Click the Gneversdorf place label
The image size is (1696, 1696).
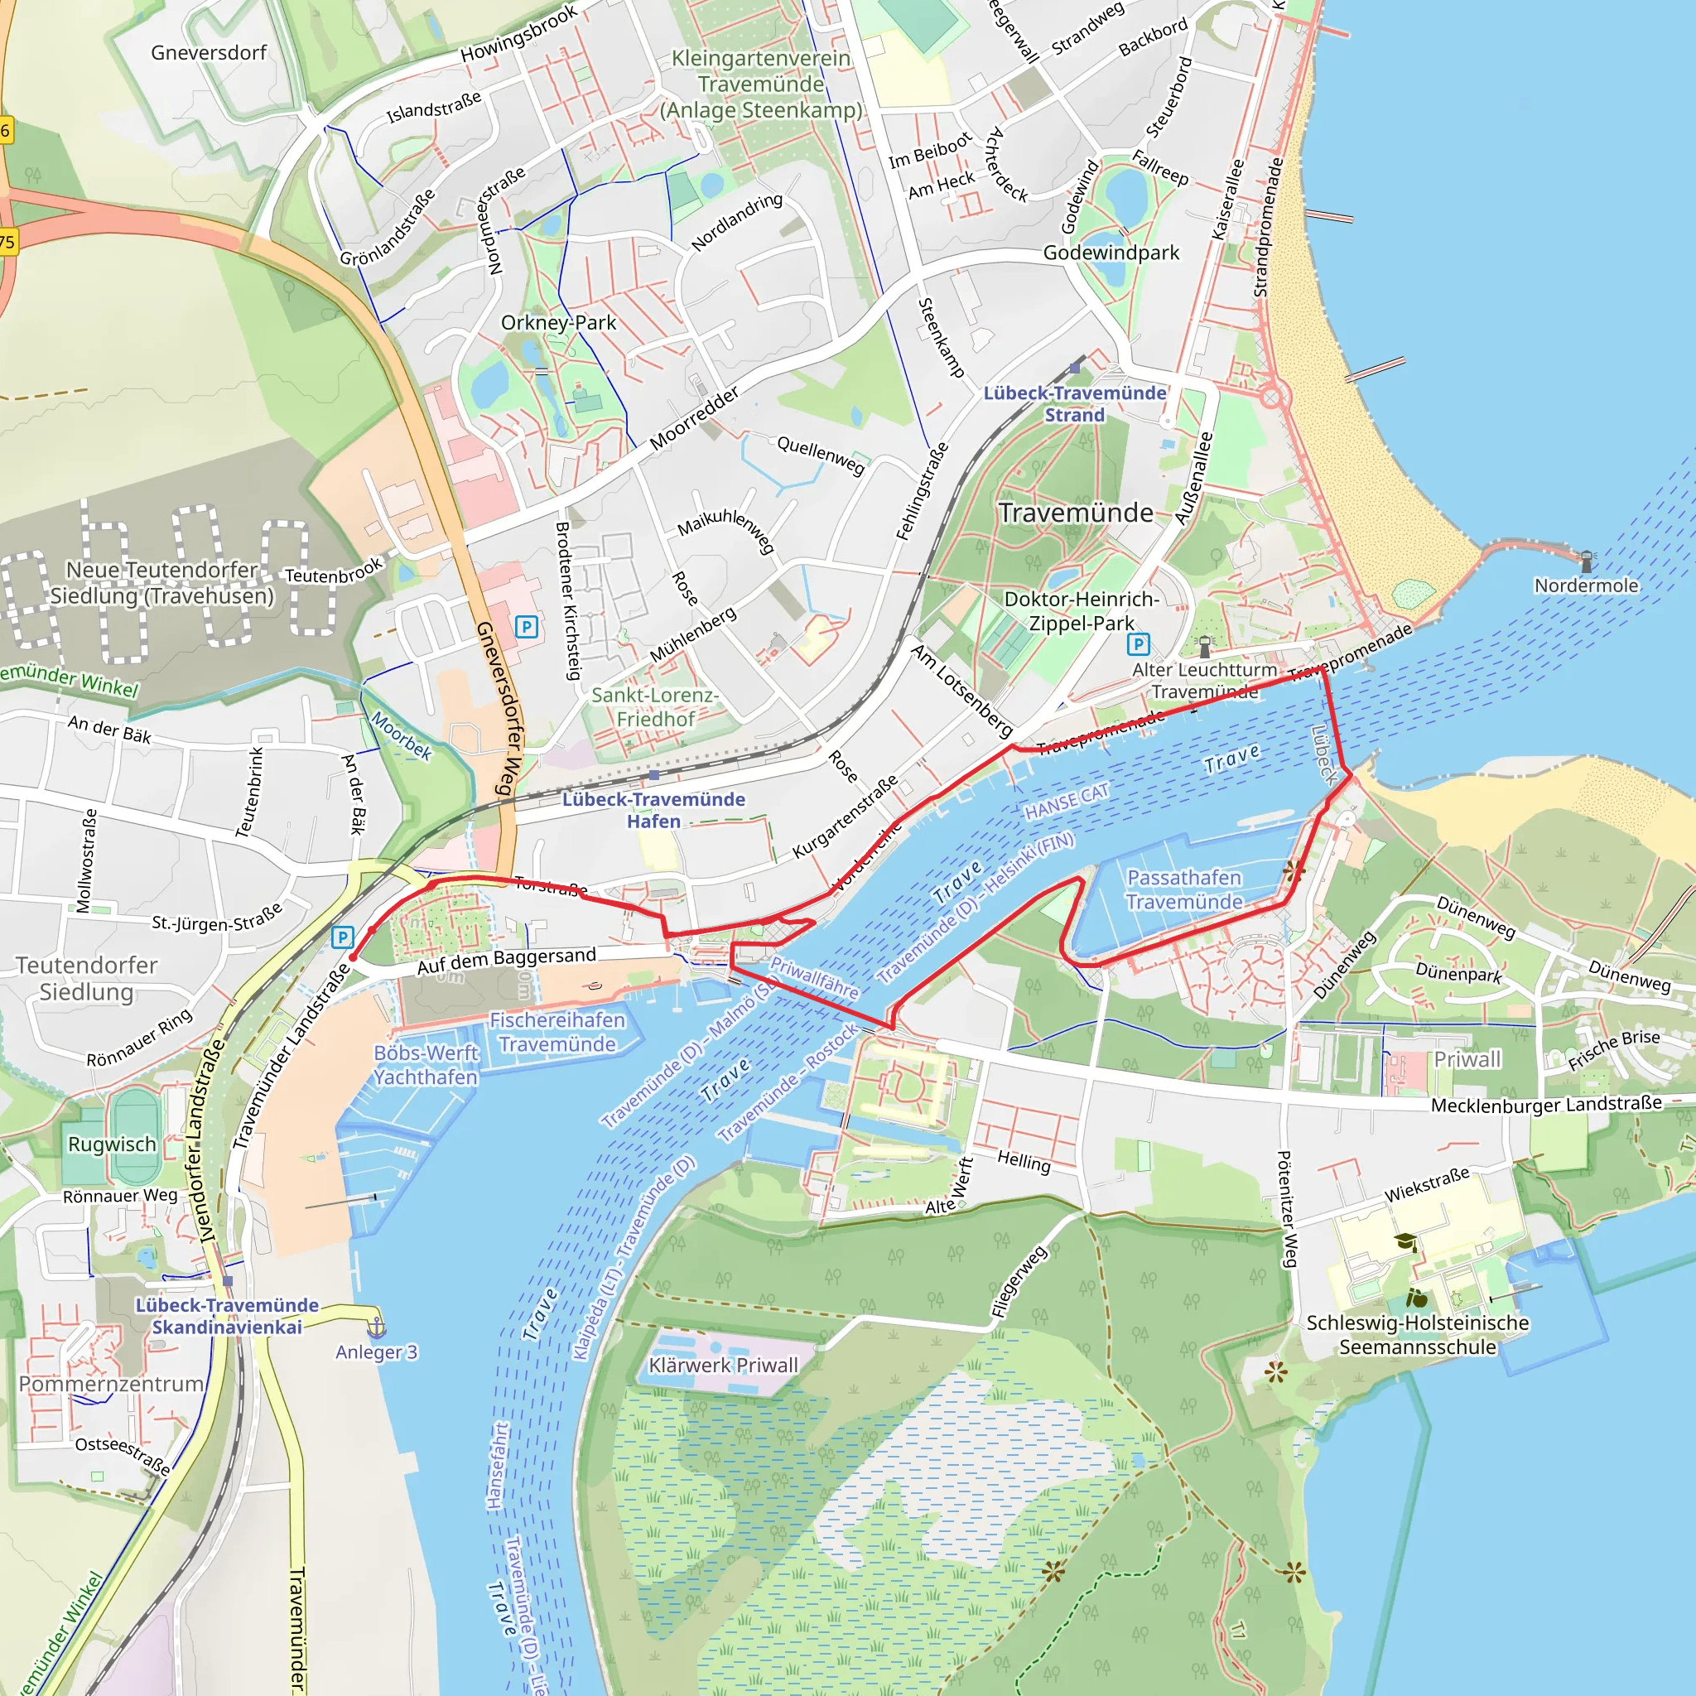pos(208,53)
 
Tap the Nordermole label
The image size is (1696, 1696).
pos(1585,585)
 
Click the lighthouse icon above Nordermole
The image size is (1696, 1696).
pos(1585,561)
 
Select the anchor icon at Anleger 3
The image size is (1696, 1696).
pos(376,1327)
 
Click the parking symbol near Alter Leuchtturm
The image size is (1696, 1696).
pos(1138,644)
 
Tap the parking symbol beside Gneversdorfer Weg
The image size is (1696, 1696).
pos(526,627)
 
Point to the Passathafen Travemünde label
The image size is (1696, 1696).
pos(1184,889)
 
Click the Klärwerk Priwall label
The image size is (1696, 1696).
pos(723,1365)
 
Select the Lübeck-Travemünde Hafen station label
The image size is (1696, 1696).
pos(653,809)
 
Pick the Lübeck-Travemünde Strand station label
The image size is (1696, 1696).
pos(1074,404)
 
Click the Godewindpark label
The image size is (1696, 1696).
pos(1111,253)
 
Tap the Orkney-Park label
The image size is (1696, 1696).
pos(558,322)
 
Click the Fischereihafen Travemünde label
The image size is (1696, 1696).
pos(557,1032)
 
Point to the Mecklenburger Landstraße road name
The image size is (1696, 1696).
pos(1546,1105)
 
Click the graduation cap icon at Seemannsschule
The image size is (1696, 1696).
pos(1405,1242)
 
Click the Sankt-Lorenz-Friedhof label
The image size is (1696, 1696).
pos(655,706)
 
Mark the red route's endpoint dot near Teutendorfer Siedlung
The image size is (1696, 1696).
pos(353,958)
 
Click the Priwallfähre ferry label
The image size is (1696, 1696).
pos(814,977)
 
